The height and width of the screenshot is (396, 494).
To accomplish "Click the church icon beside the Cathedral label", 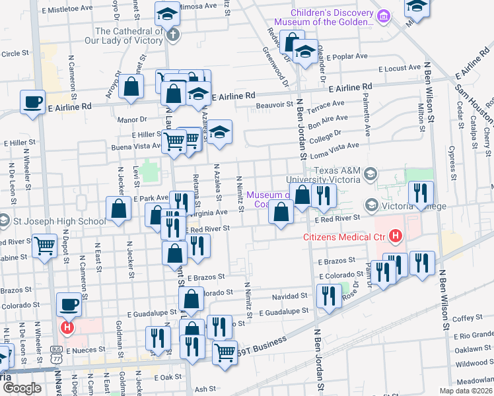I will [x=173, y=34].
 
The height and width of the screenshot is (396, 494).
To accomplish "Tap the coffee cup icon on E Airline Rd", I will [x=32, y=103].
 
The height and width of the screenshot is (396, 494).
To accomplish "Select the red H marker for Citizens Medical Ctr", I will [x=395, y=235].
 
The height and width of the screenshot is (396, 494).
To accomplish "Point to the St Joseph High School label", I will [x=58, y=221].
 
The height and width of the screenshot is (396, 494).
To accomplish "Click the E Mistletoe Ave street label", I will [x=67, y=9].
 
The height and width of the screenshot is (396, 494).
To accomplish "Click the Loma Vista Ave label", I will [x=339, y=146].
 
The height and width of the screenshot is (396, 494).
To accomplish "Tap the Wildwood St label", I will [x=471, y=362].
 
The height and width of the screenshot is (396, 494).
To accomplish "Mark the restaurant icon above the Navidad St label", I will [x=328, y=296].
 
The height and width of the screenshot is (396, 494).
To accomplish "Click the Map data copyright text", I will [x=464, y=390].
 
